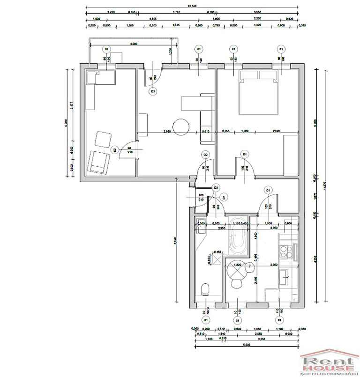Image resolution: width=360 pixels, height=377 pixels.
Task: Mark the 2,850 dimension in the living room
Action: (166, 131)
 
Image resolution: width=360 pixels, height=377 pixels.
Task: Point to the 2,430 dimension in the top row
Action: (111, 12)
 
